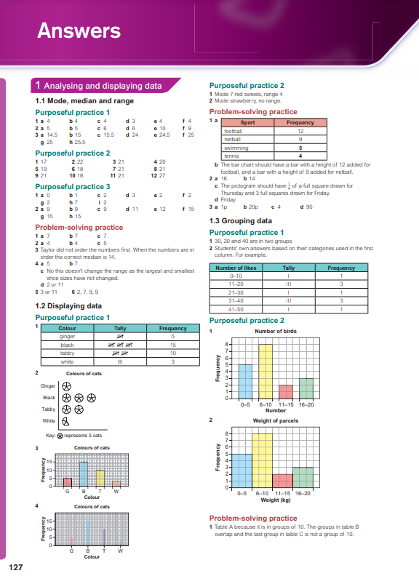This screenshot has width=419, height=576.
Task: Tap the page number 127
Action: (x=16, y=566)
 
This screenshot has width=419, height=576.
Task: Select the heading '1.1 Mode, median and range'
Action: (x=84, y=101)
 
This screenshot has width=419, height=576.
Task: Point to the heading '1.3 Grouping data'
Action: (x=241, y=220)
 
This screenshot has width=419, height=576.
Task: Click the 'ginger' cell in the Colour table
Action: (x=67, y=337)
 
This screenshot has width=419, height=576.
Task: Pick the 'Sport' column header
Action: (x=247, y=123)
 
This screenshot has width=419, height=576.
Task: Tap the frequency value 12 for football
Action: (x=300, y=131)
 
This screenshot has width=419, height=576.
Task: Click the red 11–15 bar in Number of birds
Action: (x=286, y=391)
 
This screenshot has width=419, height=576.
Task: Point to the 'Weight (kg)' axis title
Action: (x=275, y=500)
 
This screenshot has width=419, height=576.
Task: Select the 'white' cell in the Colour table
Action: (x=67, y=361)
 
